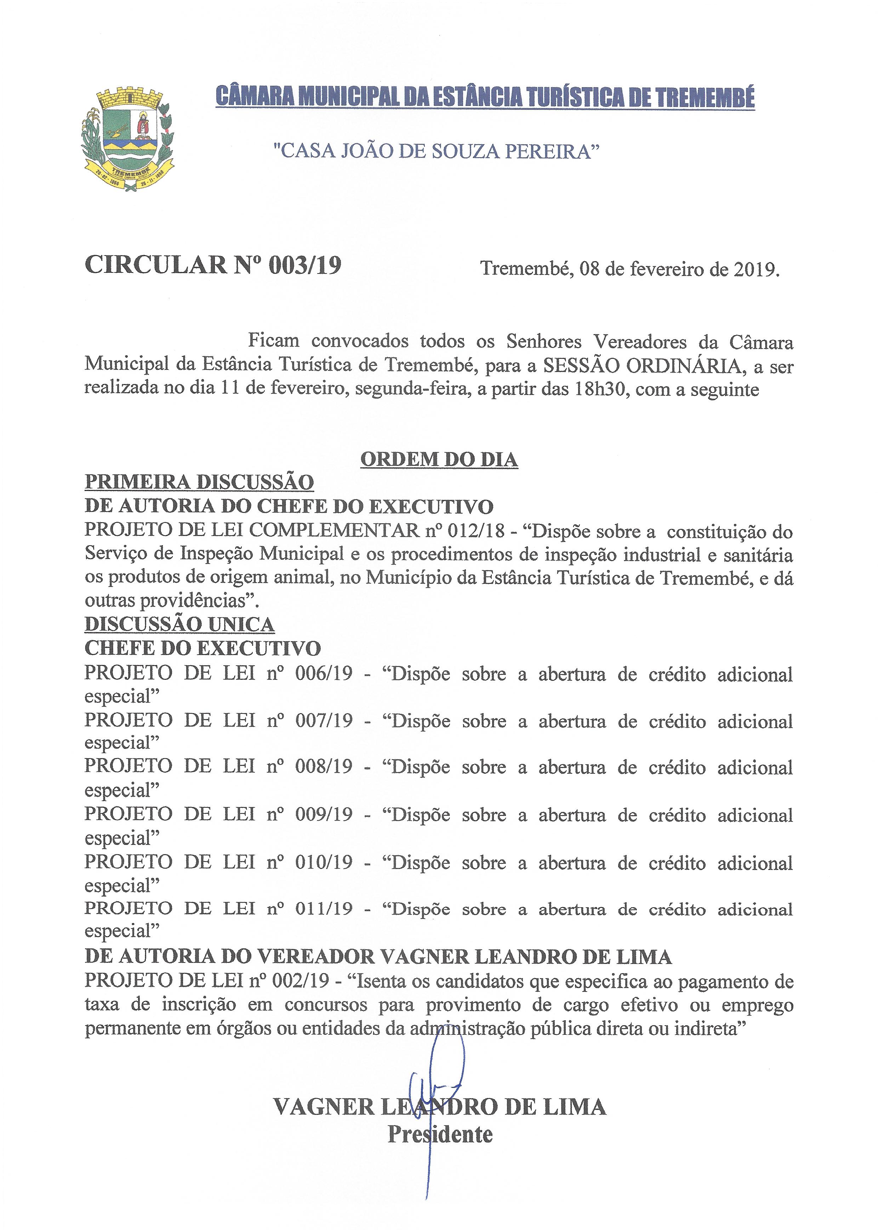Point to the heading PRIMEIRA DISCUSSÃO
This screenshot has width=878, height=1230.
pos(199,482)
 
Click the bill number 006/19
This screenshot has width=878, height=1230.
pos(323,674)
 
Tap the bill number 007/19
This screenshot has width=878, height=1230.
pos(323,721)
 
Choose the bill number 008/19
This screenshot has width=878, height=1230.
pos(323,767)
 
